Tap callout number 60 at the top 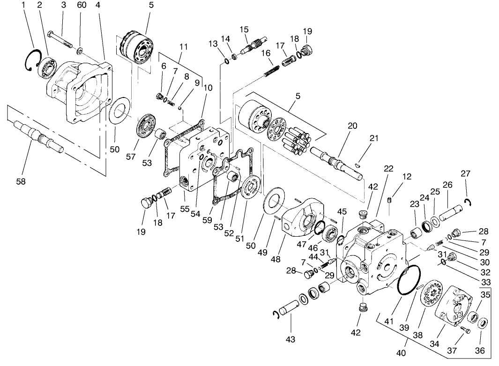[x=82, y=5]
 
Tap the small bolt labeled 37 [x=465, y=330]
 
